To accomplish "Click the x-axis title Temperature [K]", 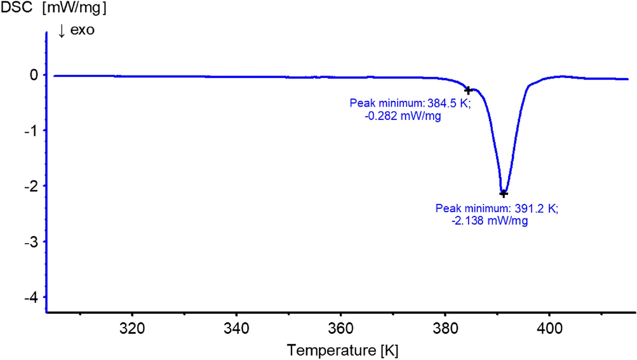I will pos(342,349).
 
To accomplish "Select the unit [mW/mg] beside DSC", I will pos(74,10).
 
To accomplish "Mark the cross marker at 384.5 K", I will pos(468,91).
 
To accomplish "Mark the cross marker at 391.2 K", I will pos(503,193).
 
